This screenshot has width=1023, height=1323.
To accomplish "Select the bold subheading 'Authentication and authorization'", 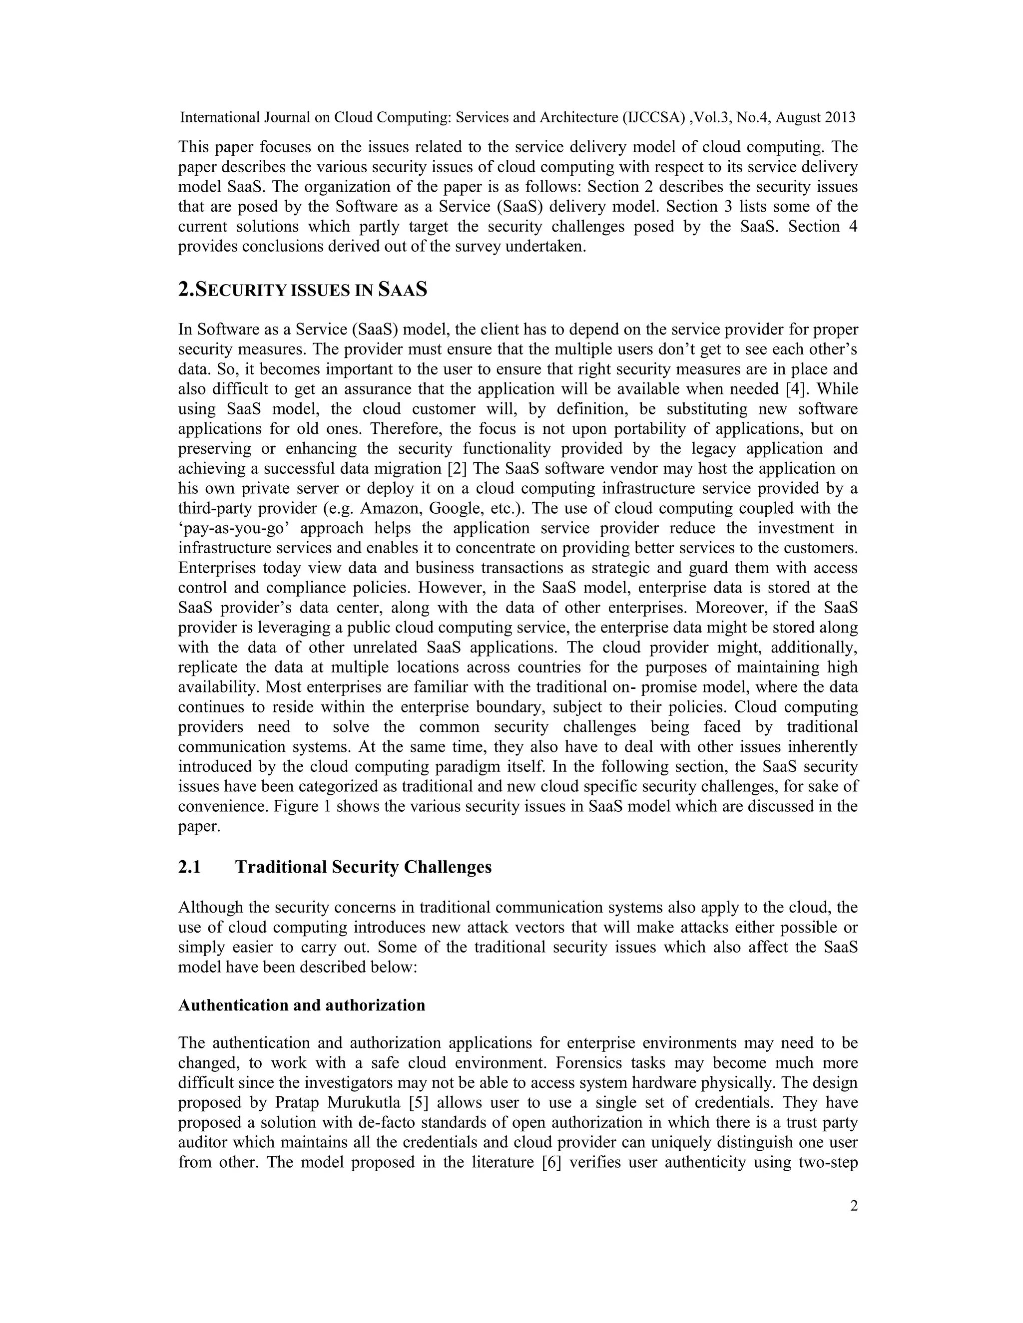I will click(x=302, y=1005).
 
